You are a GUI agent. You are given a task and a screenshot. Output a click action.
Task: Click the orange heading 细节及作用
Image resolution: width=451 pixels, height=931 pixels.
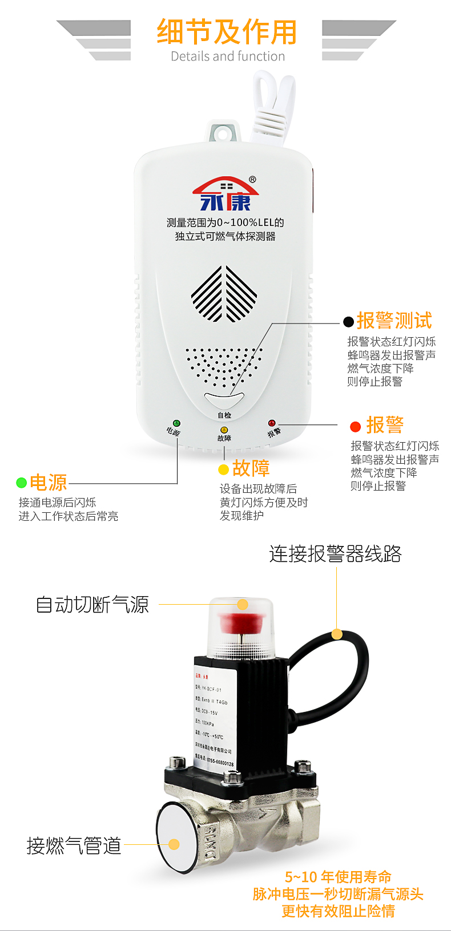pyautogui.click(x=227, y=32)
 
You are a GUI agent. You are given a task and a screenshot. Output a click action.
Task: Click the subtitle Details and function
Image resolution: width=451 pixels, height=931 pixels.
pyautogui.click(x=228, y=56)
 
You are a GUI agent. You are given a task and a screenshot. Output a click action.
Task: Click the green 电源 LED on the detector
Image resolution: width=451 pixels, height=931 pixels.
pyautogui.click(x=176, y=423)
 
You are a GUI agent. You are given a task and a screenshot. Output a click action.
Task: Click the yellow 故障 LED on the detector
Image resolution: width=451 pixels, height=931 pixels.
pyautogui.click(x=224, y=430)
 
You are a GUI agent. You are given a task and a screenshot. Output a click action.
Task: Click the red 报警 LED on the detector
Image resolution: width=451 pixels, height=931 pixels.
pyautogui.click(x=272, y=423)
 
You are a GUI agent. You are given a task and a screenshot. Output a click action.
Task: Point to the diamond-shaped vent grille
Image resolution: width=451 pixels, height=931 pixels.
pyautogui.click(x=224, y=294)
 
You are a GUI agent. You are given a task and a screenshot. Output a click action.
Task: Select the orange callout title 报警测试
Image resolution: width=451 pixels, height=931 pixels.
pyautogui.click(x=394, y=321)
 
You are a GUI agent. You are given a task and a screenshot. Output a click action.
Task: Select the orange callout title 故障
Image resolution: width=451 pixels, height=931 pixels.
pyautogui.click(x=251, y=468)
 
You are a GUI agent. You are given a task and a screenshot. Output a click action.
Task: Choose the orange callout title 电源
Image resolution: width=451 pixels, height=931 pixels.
pyautogui.click(x=48, y=483)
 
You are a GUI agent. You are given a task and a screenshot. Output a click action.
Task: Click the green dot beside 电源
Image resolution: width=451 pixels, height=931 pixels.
pyautogui.click(x=22, y=483)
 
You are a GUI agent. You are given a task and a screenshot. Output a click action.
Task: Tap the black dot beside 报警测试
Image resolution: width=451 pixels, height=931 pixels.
pyautogui.click(x=348, y=322)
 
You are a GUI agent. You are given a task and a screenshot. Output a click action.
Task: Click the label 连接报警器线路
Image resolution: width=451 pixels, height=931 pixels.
pyautogui.click(x=335, y=554)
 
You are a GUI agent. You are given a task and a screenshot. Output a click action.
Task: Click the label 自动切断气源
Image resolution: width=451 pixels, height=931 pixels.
pyautogui.click(x=92, y=605)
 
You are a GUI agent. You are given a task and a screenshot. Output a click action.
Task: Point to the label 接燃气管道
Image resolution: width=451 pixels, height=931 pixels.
pyautogui.click(x=74, y=845)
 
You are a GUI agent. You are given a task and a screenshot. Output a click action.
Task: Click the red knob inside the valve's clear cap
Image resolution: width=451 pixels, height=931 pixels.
pyautogui.click(x=243, y=622)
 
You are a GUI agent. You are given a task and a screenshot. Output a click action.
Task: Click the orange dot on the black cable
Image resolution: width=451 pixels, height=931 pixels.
pyautogui.click(x=337, y=634)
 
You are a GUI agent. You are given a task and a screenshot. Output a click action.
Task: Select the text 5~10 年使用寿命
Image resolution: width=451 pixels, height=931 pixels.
pyautogui.click(x=338, y=877)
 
